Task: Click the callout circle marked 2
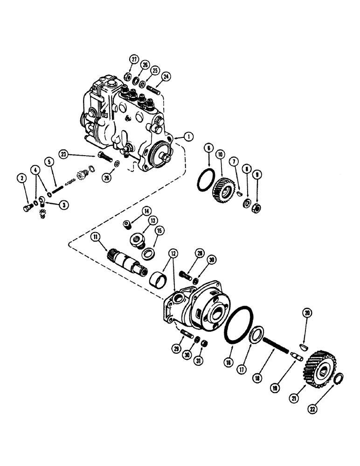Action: pyautogui.click(x=21, y=177)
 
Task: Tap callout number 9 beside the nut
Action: pyautogui.click(x=256, y=177)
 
